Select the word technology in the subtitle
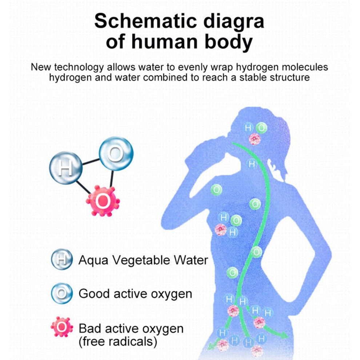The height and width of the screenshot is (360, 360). (79, 68)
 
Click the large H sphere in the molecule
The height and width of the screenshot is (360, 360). (66, 168)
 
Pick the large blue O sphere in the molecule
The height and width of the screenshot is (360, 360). (116, 153)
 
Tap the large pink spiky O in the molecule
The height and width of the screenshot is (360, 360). (103, 201)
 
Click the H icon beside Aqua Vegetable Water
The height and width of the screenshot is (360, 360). (62, 259)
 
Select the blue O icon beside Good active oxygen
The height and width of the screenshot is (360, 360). (62, 293)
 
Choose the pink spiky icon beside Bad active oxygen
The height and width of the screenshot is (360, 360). (62, 327)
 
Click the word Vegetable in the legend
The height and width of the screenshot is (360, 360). (141, 261)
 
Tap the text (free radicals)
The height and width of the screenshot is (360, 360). (118, 341)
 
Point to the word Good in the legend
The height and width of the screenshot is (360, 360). (94, 294)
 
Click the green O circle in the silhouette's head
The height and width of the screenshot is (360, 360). (261, 128)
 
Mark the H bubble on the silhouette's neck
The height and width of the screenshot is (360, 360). (252, 164)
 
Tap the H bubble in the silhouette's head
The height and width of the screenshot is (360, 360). (248, 128)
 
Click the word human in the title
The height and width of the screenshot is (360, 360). (164, 42)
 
